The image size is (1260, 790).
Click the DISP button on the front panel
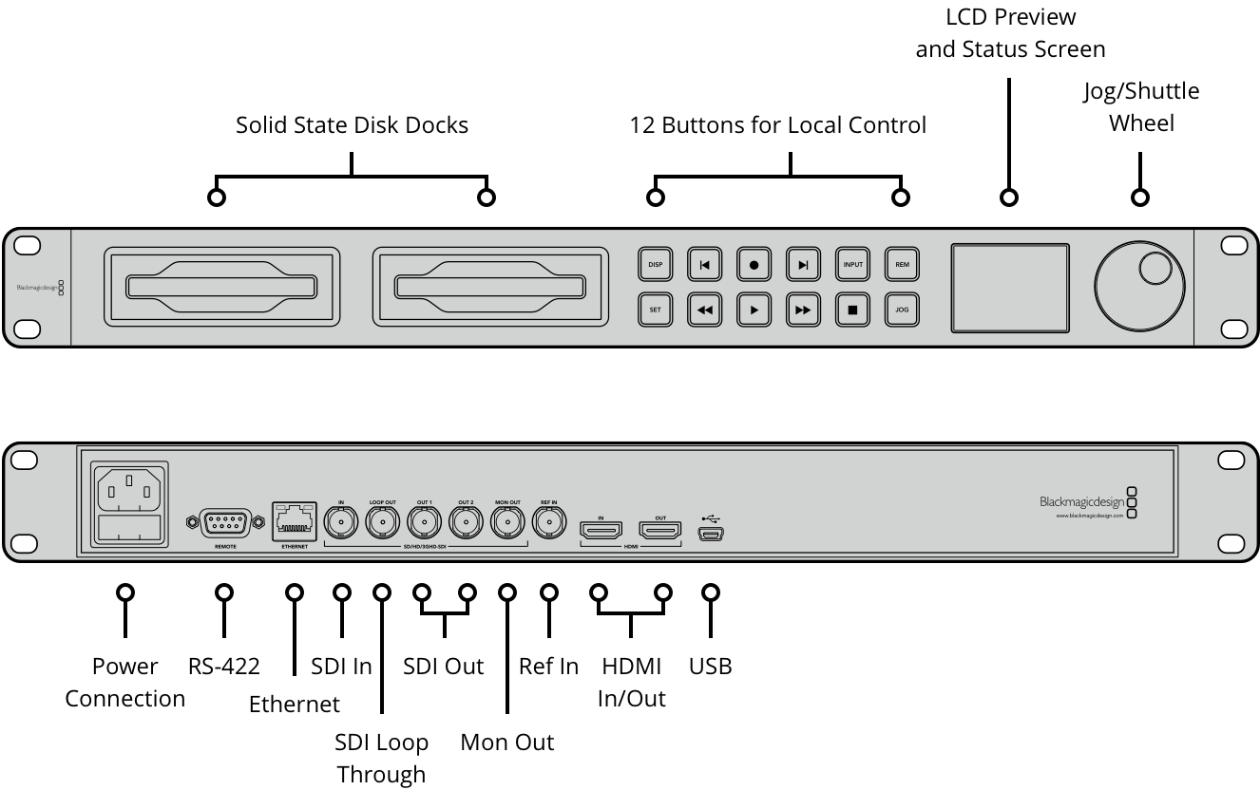(655, 265)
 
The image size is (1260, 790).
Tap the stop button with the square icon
(853, 310)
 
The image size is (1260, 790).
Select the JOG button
(903, 310)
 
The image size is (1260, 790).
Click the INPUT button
(853, 265)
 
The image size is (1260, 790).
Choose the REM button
(903, 265)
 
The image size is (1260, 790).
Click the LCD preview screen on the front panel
(1011, 288)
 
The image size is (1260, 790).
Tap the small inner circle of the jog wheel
(1155, 269)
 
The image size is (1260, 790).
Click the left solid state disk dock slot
(221, 287)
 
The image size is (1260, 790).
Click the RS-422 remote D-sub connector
(224, 522)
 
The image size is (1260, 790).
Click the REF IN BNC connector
(548, 522)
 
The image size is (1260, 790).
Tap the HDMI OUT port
(660, 530)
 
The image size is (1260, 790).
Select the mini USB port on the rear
(711, 535)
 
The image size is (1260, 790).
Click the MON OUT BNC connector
(507, 522)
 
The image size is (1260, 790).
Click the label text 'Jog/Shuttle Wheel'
(1141, 107)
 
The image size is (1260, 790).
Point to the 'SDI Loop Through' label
(381, 758)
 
